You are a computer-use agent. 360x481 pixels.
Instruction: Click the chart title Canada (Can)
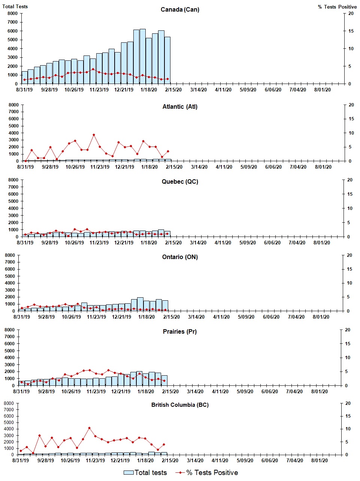pyautogui.click(x=180, y=9)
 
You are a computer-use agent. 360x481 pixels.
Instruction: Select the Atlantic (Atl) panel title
pyautogui.click(x=180, y=107)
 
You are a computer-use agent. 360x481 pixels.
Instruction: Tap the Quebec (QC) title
pyautogui.click(x=180, y=182)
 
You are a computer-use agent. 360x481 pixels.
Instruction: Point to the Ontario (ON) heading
pyautogui.click(x=180, y=257)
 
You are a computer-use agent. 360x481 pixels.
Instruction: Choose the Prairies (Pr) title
pyautogui.click(x=180, y=332)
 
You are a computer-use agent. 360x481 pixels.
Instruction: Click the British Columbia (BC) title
pyautogui.click(x=180, y=405)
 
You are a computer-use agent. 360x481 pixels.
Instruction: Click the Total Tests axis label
pyautogui.click(x=15, y=6)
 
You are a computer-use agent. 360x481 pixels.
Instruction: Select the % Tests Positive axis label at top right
pyautogui.click(x=337, y=7)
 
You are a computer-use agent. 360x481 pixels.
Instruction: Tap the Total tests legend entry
pyautogui.click(x=145, y=473)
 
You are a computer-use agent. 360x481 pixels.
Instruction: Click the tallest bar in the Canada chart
pyautogui.click(x=142, y=56)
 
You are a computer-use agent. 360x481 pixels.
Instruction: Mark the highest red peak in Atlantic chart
pyautogui.click(x=94, y=135)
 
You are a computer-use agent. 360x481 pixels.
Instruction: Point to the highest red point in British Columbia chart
pyautogui.click(x=89, y=428)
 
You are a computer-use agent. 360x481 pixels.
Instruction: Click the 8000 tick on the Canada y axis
pyautogui.click(x=12, y=13)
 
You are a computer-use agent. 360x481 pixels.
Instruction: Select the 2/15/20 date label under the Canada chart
pyautogui.click(x=173, y=90)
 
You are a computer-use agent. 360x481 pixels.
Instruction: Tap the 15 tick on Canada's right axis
pyautogui.click(x=351, y=31)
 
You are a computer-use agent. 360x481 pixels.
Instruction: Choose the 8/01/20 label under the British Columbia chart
pyautogui.click(x=319, y=460)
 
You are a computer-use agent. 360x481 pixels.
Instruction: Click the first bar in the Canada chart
pyautogui.click(x=24, y=78)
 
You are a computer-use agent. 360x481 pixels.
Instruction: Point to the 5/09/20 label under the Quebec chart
pyautogui.click(x=248, y=243)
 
